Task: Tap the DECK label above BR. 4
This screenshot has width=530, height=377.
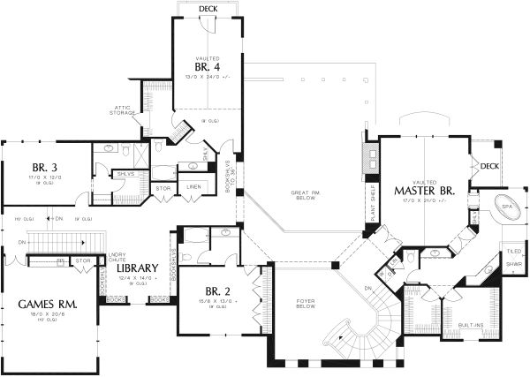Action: [208, 9]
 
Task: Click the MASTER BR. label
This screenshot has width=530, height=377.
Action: [425, 190]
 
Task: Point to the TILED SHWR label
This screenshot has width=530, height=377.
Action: [512, 256]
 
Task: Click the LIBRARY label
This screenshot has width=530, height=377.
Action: [133, 268]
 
